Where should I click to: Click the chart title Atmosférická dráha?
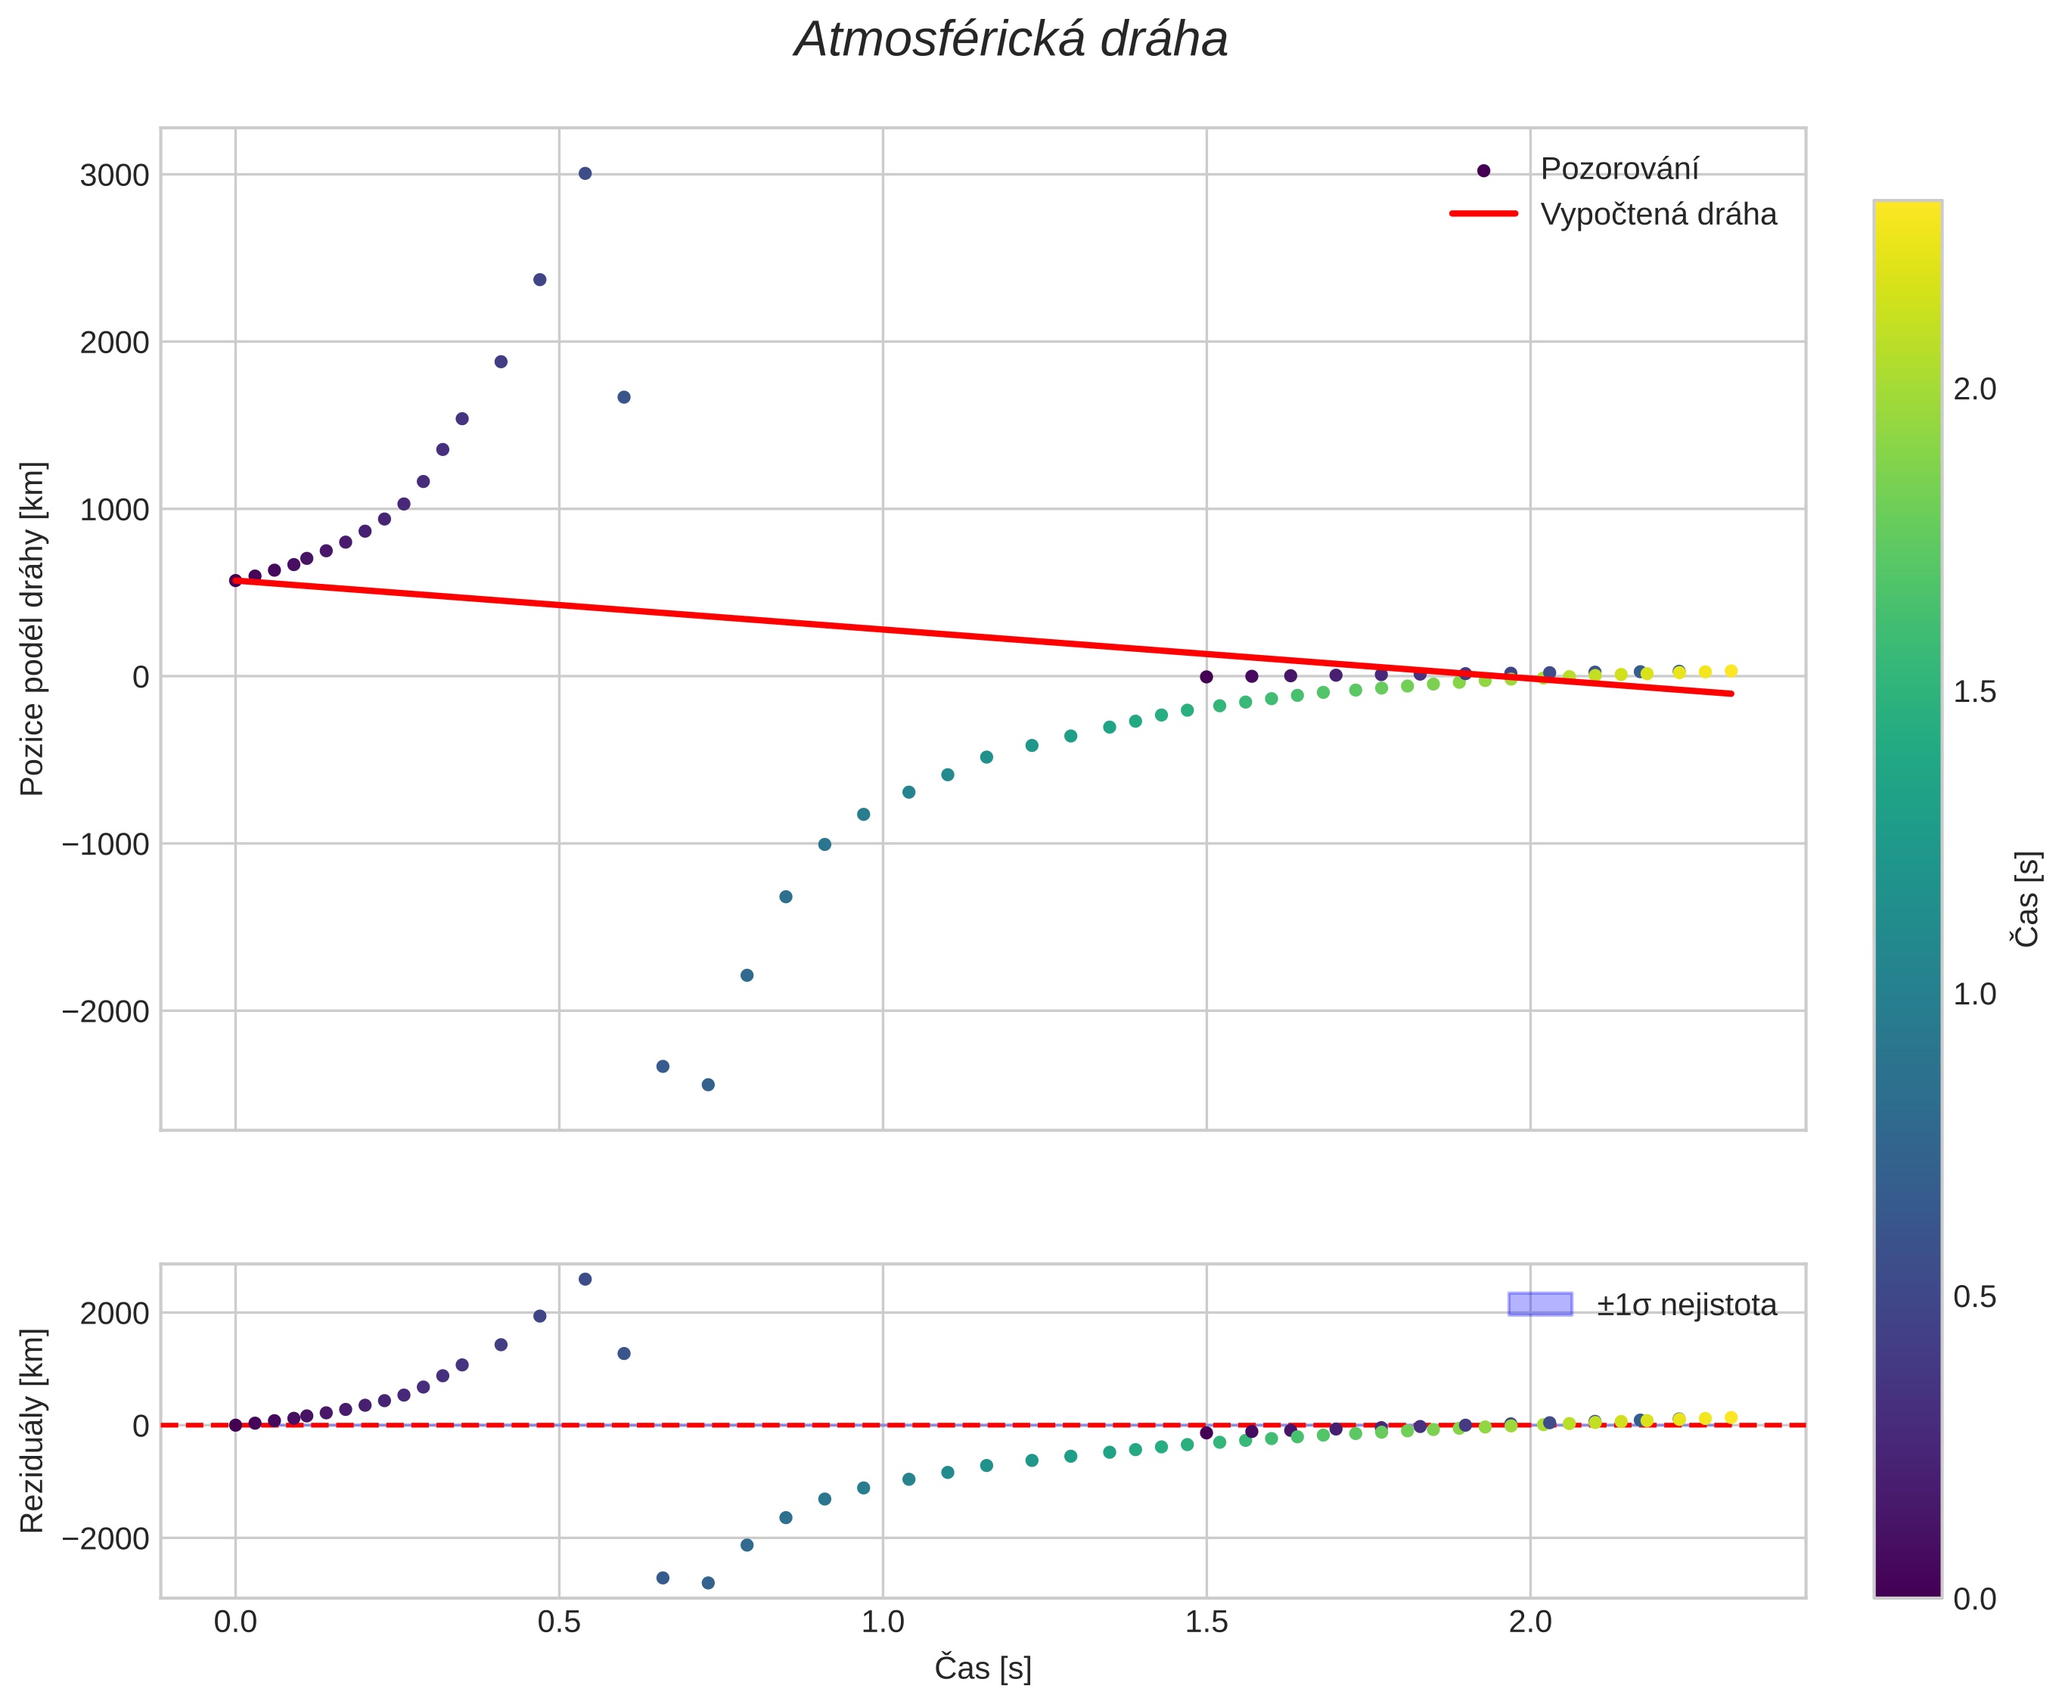point(1010,40)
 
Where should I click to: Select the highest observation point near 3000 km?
point(585,174)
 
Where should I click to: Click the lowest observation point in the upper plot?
point(707,1085)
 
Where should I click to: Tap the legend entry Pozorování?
point(1619,169)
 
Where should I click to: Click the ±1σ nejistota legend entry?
point(1685,1305)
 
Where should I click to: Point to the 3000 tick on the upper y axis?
point(115,175)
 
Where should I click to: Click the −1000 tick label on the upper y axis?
point(106,844)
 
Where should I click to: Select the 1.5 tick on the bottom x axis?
point(1206,1622)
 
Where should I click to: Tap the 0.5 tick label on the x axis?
point(558,1622)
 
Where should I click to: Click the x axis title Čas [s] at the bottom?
point(983,1668)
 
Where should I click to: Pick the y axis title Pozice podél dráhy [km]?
point(33,629)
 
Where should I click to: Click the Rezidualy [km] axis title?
point(33,1430)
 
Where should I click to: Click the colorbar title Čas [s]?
point(2026,899)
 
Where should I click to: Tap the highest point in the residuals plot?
point(585,1279)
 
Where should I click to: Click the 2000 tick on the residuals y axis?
point(115,1313)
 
